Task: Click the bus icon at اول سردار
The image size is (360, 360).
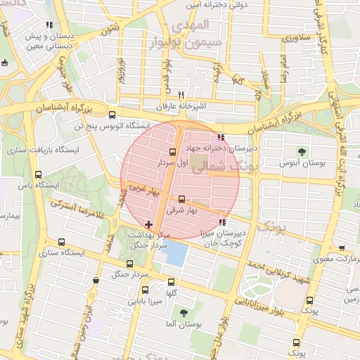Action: point(173,151)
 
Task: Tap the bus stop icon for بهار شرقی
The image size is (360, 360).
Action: point(182,199)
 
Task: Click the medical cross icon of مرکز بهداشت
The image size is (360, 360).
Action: point(148,224)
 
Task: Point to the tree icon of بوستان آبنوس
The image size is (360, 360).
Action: point(302,151)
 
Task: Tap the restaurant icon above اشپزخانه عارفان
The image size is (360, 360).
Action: point(181,95)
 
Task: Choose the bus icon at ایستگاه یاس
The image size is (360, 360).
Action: point(38,174)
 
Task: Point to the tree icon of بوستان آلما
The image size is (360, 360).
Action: point(184,314)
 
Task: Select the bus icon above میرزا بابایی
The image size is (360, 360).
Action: point(146,290)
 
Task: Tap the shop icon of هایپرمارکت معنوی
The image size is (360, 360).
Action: point(342,248)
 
